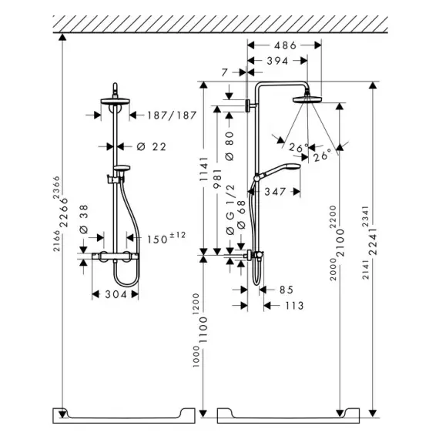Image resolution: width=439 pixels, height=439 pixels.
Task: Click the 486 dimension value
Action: click(285, 45)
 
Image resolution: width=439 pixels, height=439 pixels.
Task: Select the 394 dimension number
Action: click(277, 61)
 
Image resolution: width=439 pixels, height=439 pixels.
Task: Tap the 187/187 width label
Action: click(172, 116)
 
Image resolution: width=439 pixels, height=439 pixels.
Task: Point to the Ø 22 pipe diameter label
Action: click(152, 146)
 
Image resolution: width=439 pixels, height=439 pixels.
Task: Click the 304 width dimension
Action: click(116, 294)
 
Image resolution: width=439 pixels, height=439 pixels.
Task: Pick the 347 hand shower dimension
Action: click(275, 192)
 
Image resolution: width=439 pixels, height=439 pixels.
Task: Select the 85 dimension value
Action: click(287, 290)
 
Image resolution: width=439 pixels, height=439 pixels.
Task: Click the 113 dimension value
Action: click(294, 306)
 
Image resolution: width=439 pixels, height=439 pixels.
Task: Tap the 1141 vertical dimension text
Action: click(204, 169)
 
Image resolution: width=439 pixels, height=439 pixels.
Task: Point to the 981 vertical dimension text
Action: click(217, 178)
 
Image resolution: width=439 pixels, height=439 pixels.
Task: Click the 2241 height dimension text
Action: click(373, 242)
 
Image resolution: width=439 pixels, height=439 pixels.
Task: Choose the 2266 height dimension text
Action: click(64, 213)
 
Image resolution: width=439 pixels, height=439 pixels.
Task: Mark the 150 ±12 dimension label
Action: click(166, 238)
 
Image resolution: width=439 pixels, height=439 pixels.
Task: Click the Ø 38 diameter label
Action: click(84, 219)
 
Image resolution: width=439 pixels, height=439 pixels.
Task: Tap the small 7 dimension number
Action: click(225, 72)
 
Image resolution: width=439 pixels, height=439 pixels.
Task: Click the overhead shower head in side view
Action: click(307, 99)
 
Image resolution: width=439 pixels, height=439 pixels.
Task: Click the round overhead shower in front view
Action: click(115, 101)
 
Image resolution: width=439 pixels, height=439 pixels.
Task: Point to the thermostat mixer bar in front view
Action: click(115, 256)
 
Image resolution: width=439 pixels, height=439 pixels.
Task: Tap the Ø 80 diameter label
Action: click(230, 146)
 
